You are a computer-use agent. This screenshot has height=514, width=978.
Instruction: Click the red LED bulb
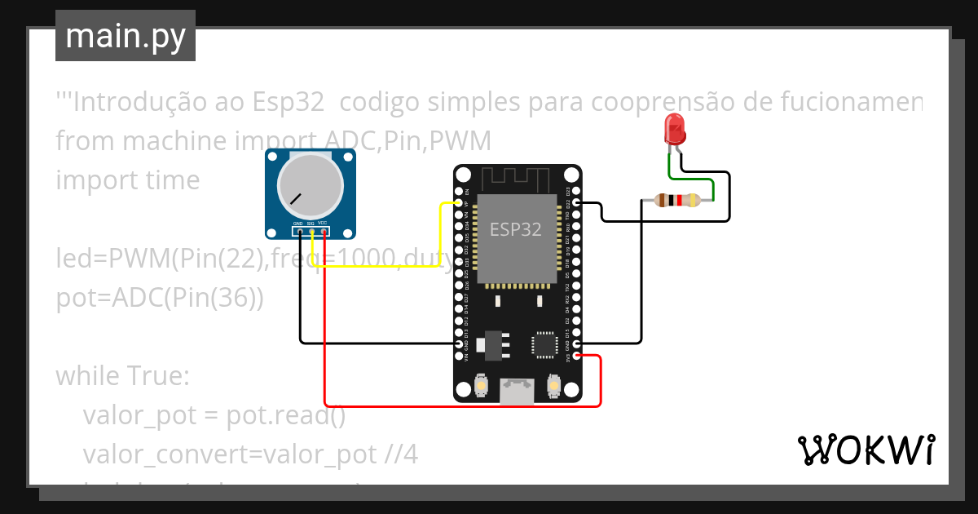[x=675, y=129]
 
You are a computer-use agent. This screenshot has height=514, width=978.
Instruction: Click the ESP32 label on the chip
[x=515, y=229]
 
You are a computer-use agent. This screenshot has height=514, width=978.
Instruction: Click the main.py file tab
[x=126, y=36]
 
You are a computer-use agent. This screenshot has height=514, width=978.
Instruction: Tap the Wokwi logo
[x=865, y=450]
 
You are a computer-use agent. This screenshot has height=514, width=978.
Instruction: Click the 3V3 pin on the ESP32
[x=576, y=356]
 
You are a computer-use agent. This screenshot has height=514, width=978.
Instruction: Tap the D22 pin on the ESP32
[x=576, y=202]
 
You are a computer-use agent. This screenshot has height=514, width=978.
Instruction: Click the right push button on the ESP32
[x=553, y=385]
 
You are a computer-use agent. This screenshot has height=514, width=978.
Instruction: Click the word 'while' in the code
[x=87, y=377]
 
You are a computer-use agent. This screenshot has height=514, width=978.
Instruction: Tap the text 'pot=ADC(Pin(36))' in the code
[x=160, y=299]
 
